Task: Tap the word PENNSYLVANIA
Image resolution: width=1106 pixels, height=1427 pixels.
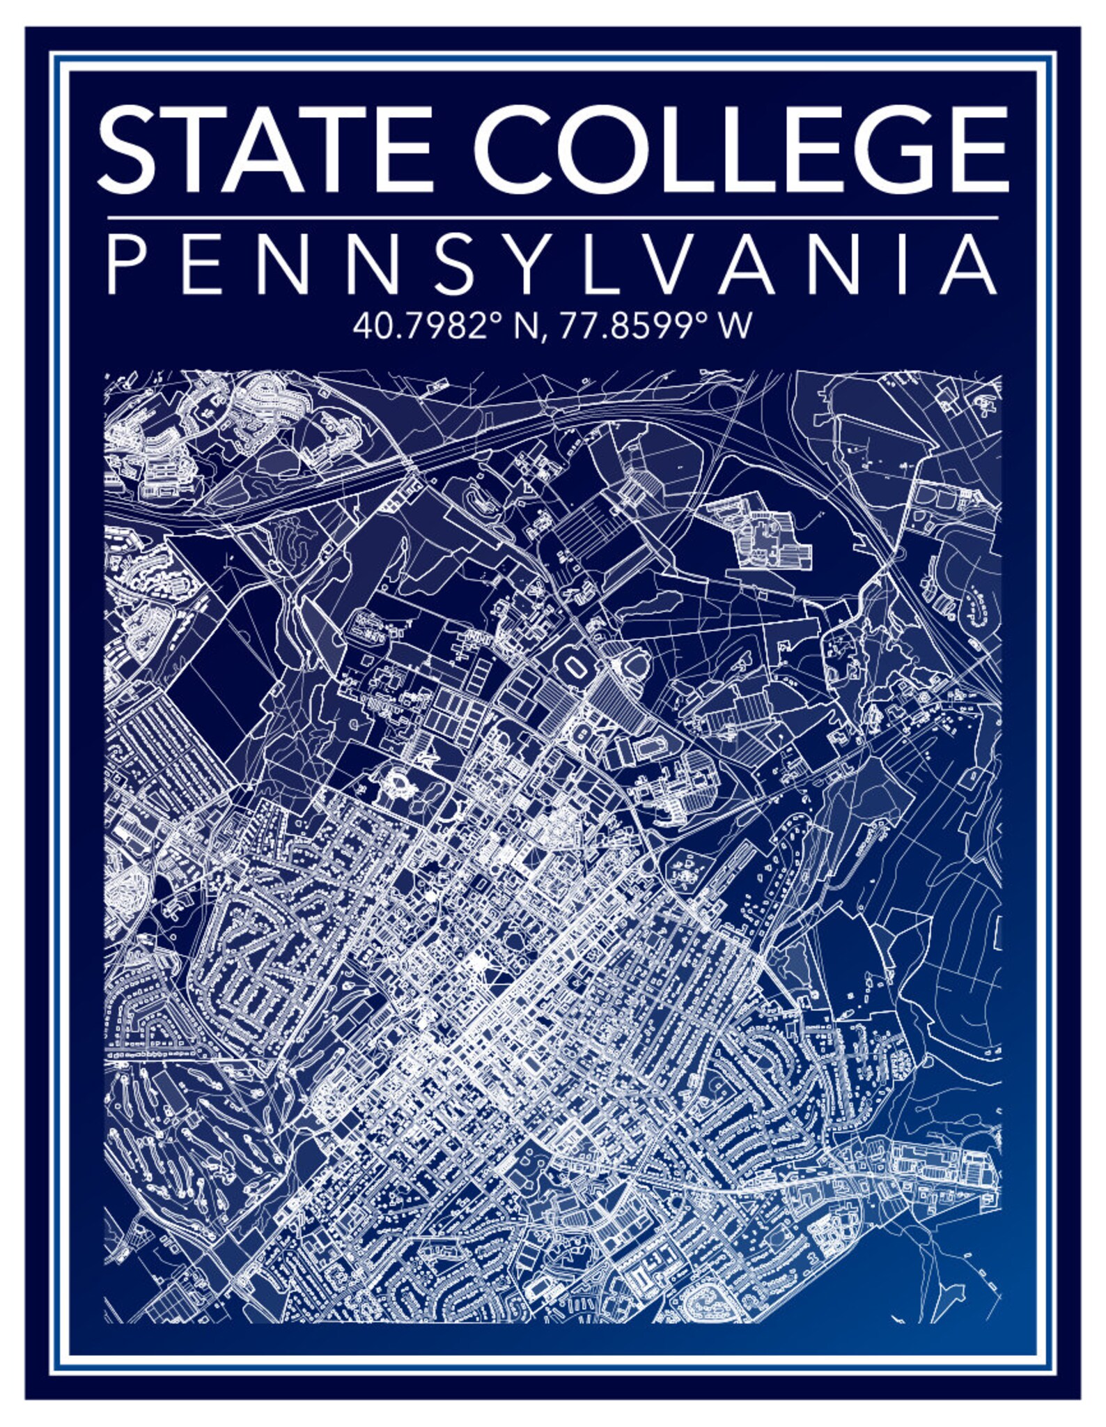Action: click(552, 266)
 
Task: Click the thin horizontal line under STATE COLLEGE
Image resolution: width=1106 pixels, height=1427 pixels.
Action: click(552, 218)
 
